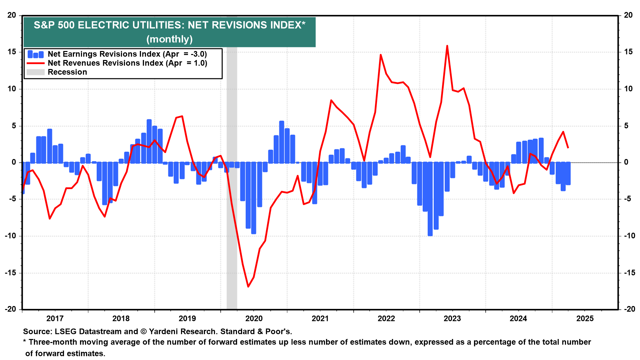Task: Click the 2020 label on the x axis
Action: [254, 318]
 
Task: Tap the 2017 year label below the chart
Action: [55, 318]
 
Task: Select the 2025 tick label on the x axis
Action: [585, 318]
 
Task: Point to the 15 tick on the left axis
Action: [12, 52]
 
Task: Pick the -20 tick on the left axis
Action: [10, 309]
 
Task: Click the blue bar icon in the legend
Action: [35, 54]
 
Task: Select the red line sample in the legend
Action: [35, 63]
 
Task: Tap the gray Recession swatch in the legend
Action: [35, 72]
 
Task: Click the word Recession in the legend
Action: [67, 72]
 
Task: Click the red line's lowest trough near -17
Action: [248, 286]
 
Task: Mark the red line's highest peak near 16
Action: [447, 46]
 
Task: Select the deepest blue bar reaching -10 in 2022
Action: [430, 200]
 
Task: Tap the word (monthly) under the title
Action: [169, 39]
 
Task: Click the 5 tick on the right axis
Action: [626, 126]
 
